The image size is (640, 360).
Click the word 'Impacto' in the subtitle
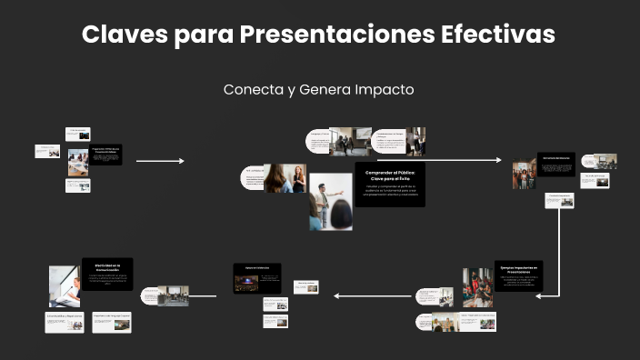pos(385,90)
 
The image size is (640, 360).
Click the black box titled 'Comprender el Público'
pos(389,185)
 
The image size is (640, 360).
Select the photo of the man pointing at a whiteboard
pos(330,202)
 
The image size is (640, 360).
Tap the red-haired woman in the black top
pos(296,178)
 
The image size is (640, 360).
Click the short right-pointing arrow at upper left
pos(160,161)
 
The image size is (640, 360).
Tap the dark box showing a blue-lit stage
pos(256,278)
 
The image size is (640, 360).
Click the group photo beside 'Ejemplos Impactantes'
pos(477,287)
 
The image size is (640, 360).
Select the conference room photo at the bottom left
pos(173,295)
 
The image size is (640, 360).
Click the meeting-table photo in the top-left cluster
pos(77,162)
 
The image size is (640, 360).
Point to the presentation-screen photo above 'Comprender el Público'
pos(350,140)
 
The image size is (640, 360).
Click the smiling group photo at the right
pos(525,174)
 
